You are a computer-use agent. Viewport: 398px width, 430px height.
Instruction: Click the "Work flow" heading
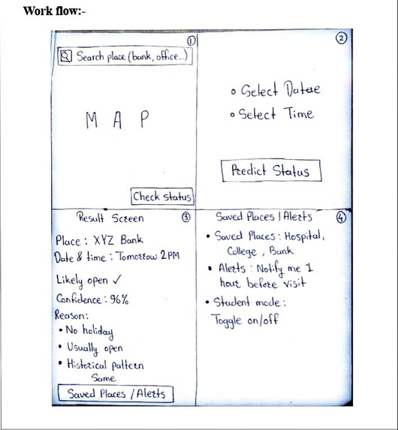tap(54, 11)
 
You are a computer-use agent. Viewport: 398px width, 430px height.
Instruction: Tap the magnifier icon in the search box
tap(66, 56)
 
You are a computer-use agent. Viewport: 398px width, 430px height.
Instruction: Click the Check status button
tap(162, 197)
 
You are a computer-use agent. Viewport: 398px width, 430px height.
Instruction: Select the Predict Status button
tap(271, 170)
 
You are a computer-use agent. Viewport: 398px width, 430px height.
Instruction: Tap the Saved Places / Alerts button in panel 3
tap(116, 393)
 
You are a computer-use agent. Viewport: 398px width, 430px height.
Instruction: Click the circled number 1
tap(191, 41)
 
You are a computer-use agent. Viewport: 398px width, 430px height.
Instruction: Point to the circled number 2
tap(341, 38)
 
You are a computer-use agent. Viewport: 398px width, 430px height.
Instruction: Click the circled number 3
tap(185, 217)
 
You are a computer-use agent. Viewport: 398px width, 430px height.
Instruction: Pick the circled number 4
tap(341, 218)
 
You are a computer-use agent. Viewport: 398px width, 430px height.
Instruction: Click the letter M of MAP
tap(92, 120)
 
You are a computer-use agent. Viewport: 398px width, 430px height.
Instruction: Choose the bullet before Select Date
tap(234, 92)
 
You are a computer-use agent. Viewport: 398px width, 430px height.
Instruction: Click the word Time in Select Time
tap(299, 113)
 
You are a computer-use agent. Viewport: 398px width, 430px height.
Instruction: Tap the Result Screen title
tap(110, 217)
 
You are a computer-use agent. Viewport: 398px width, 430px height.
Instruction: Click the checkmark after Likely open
tap(116, 279)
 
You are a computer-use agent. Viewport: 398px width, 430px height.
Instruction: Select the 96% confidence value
tap(119, 299)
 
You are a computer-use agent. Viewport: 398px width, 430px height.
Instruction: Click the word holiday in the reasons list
tap(98, 331)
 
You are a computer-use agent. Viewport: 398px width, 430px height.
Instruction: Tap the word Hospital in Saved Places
tap(304, 236)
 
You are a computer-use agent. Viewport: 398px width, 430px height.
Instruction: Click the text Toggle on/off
tap(245, 320)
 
